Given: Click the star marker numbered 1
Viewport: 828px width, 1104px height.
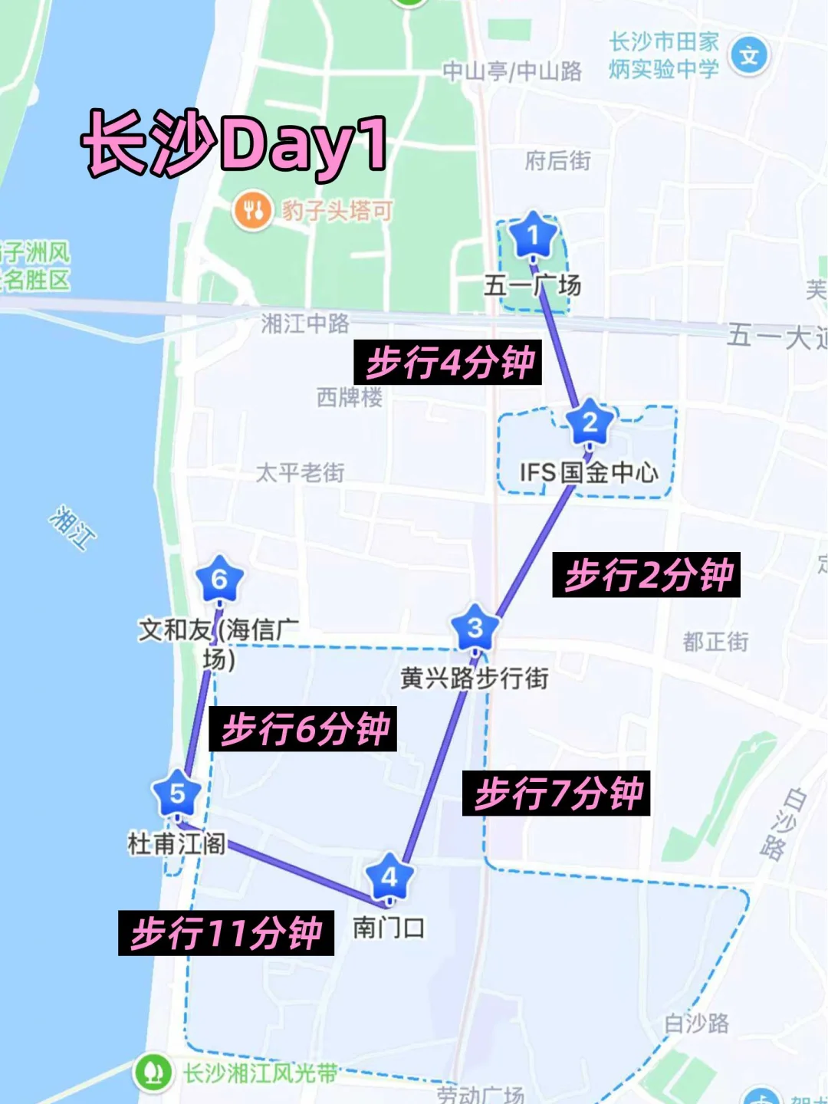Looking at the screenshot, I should [x=533, y=235].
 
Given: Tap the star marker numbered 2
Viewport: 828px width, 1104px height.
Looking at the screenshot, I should [x=590, y=422].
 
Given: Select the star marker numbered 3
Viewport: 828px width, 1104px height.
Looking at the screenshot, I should [x=475, y=628].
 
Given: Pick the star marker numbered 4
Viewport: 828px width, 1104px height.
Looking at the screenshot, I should [x=389, y=877].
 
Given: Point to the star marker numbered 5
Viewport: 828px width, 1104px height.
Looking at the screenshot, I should [x=177, y=794].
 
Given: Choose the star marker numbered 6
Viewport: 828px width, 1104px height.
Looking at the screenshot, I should [x=219, y=580].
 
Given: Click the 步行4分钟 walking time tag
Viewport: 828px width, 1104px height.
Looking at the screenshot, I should [x=448, y=363].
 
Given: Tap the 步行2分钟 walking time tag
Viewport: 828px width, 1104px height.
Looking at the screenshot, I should [x=646, y=575].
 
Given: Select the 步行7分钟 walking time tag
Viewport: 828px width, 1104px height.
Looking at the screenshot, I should [x=557, y=793].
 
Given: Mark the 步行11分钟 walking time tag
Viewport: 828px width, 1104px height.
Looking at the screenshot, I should [x=226, y=933].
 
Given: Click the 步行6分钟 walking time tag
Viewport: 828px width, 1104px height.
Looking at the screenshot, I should [x=304, y=728].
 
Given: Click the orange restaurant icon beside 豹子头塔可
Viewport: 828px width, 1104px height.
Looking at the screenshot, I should [x=252, y=209].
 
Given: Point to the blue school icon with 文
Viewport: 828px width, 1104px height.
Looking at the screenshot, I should [x=748, y=55].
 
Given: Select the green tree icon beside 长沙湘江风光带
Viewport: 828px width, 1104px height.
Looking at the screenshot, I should [x=153, y=1073].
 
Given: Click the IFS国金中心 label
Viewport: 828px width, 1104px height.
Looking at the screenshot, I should [x=588, y=472].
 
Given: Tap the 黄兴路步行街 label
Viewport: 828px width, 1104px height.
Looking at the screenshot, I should [x=475, y=678].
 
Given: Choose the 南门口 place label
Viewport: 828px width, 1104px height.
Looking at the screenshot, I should [x=389, y=928].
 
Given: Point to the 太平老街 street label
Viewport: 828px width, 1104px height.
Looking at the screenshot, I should [x=301, y=472].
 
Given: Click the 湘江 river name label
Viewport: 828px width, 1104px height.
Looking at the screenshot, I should [x=73, y=527].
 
